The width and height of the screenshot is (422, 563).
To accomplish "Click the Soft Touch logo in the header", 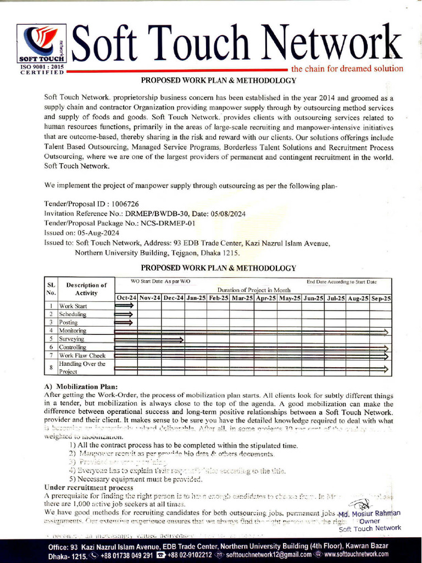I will coord(41,43).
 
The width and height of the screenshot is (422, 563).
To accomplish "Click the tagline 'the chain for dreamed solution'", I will coord(347,69).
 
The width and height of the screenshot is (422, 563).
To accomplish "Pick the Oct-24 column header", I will coord(126,298).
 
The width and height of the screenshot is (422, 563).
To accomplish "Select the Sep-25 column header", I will coord(380,298).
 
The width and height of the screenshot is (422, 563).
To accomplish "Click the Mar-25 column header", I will coord(242,298).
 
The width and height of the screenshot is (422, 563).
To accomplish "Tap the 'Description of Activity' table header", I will coord(86,289).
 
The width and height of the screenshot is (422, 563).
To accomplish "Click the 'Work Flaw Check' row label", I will coord(82,356).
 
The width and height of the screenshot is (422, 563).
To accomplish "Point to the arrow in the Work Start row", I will coord(124,306).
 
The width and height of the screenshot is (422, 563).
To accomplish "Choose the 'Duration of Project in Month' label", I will coord(253,290).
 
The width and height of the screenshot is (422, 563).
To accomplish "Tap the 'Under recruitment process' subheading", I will coord(88,488).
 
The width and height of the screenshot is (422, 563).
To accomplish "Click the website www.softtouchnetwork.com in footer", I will coord(356,555).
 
